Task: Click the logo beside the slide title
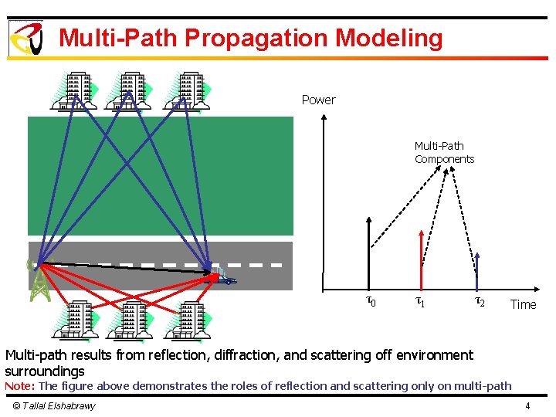click(x=25, y=39)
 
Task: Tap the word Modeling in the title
click(x=389, y=39)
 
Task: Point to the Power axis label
click(x=318, y=100)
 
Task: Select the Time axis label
click(x=523, y=304)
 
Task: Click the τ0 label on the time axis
click(x=370, y=301)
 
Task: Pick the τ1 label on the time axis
click(x=420, y=301)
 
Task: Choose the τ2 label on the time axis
click(x=479, y=301)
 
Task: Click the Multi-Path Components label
click(x=444, y=152)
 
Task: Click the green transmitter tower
click(x=37, y=280)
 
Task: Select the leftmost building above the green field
click(x=76, y=91)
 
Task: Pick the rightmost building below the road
click(x=186, y=320)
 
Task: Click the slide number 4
click(x=527, y=405)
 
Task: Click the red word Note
click(x=19, y=385)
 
